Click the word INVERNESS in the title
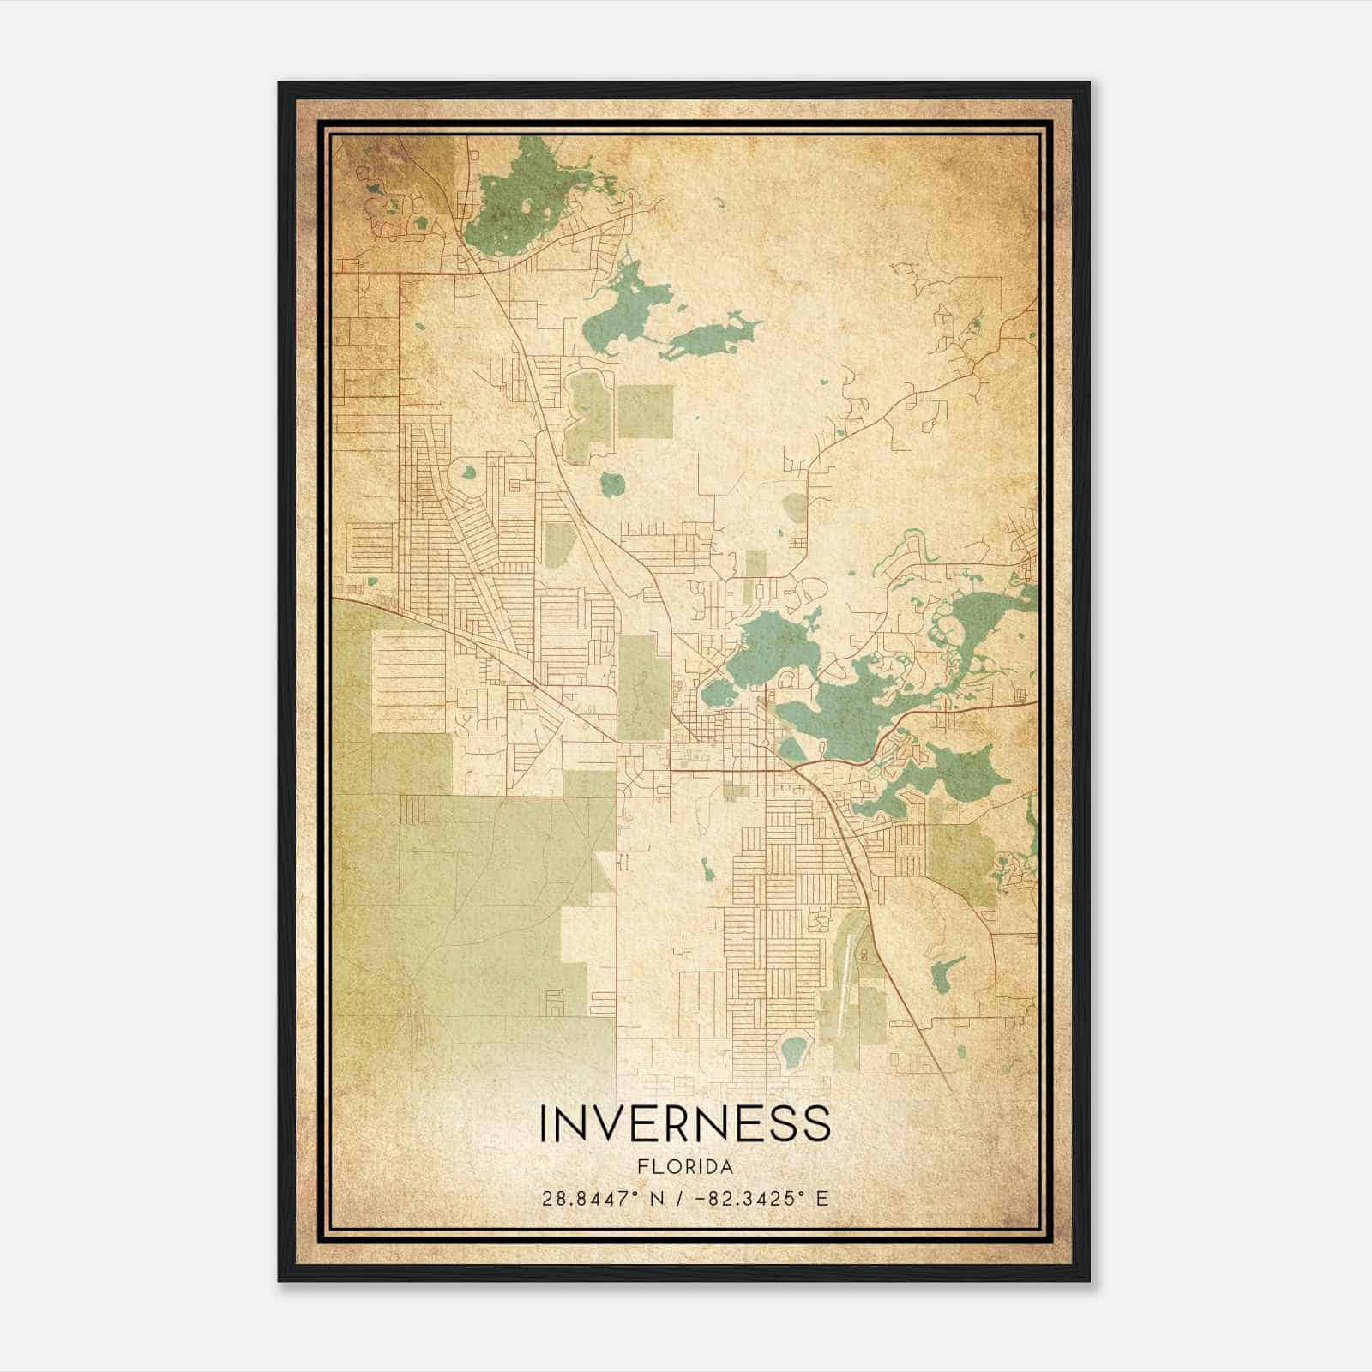(684, 1123)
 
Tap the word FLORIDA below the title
(684, 1167)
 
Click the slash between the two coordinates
(680, 1199)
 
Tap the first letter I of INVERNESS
(544, 1123)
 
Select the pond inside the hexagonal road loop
(794, 1048)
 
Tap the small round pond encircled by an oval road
(469, 472)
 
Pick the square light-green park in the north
(645, 414)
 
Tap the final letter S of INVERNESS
(818, 1123)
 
